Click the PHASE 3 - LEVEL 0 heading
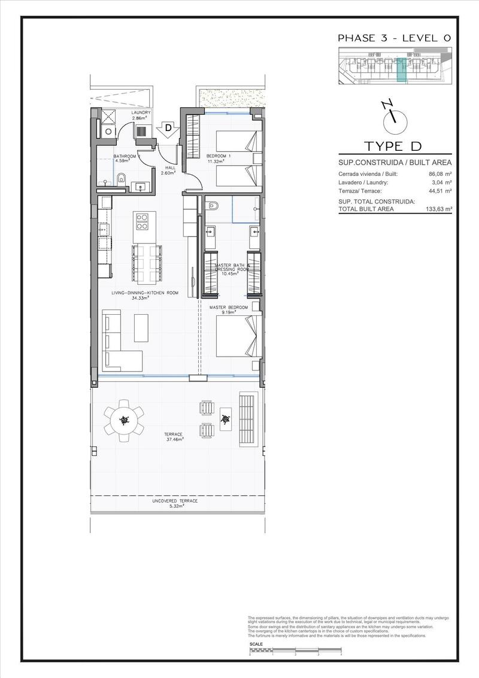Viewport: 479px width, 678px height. click(x=394, y=38)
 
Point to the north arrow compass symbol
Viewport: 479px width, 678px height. click(x=393, y=118)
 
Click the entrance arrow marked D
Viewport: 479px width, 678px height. click(x=168, y=129)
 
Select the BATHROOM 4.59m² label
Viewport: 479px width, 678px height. click(x=126, y=158)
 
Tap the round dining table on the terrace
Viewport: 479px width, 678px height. click(x=124, y=419)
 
